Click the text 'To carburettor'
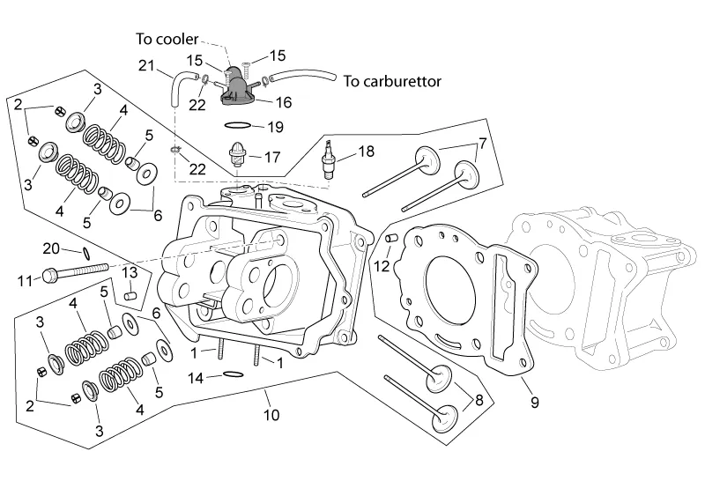pyautogui.click(x=392, y=82)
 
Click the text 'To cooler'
pyautogui.click(x=167, y=39)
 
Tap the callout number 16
pyautogui.click(x=283, y=102)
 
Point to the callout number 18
pyautogui.click(x=365, y=152)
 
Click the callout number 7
pyautogui.click(x=482, y=143)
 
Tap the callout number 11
pyautogui.click(x=26, y=281)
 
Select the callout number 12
pyautogui.click(x=381, y=265)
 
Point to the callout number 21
pyautogui.click(x=146, y=64)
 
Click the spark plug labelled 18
pyautogui.click(x=331, y=159)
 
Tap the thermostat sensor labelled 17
pyautogui.click(x=237, y=156)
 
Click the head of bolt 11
pyautogui.click(x=50, y=278)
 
